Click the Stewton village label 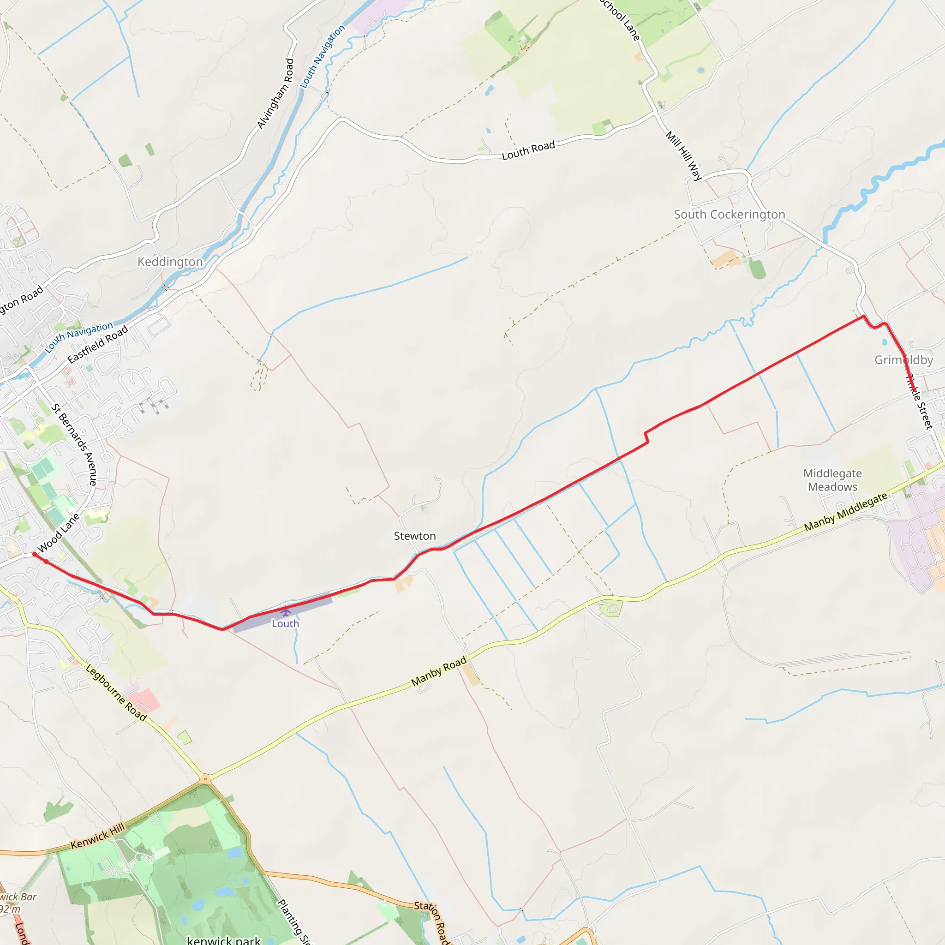point(415,536)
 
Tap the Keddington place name point(170,262)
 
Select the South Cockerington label point(730,215)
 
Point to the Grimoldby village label point(903,360)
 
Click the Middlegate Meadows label point(832,480)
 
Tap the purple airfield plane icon point(286,611)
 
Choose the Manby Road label point(439,671)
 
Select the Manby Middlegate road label point(846,512)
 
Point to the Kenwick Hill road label point(98,836)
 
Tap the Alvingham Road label point(275,94)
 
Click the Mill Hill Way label point(684,156)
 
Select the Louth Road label point(528,150)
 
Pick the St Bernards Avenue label point(74,444)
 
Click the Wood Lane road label point(58,532)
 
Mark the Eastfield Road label point(97,344)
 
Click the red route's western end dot point(35,554)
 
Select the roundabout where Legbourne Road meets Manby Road point(205,779)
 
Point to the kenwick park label point(223,939)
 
